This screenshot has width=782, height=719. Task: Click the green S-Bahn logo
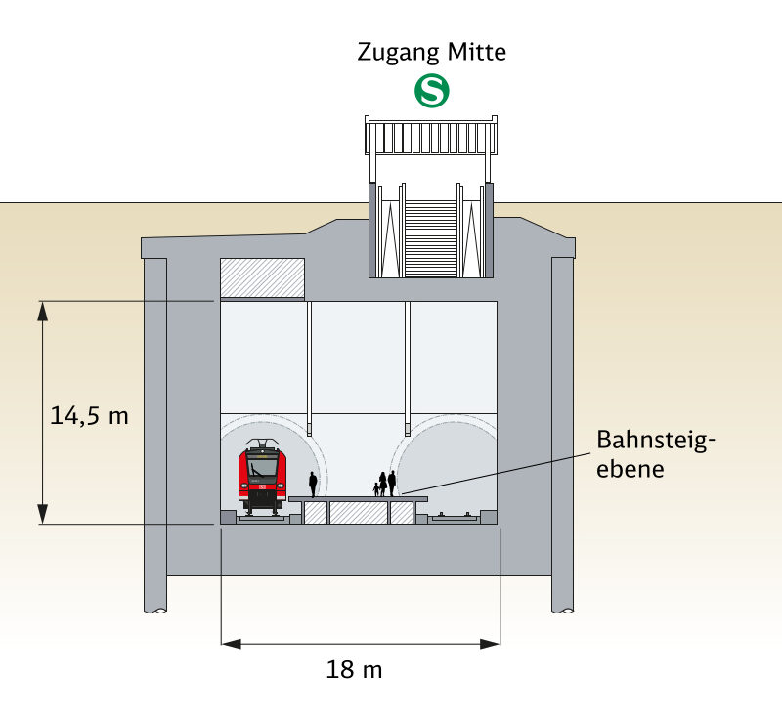pyautogui.click(x=431, y=92)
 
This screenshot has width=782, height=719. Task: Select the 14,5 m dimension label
pyautogui.click(x=89, y=415)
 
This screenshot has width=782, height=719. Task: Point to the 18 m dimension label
pyautogui.click(x=353, y=670)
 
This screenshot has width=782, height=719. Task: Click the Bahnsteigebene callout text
pyautogui.click(x=656, y=454)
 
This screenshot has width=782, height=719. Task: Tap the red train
pyautogui.click(x=262, y=478)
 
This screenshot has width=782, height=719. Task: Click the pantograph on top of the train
pyautogui.click(x=262, y=444)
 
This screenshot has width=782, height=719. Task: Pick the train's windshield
pyautogui.click(x=262, y=466)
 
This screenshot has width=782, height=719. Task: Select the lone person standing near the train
pyautogui.click(x=313, y=484)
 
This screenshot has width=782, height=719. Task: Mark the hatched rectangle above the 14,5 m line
pyautogui.click(x=262, y=277)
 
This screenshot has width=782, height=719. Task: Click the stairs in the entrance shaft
pyautogui.click(x=430, y=238)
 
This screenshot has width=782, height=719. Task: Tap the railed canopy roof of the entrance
pyautogui.click(x=431, y=136)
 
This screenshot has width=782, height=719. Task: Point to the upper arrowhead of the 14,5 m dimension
pyautogui.click(x=43, y=311)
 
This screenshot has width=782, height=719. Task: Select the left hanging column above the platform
pyautogui.click(x=309, y=367)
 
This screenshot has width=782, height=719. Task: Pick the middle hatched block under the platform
pyautogui.click(x=357, y=513)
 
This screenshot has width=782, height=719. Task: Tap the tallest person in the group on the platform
pyautogui.click(x=392, y=483)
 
